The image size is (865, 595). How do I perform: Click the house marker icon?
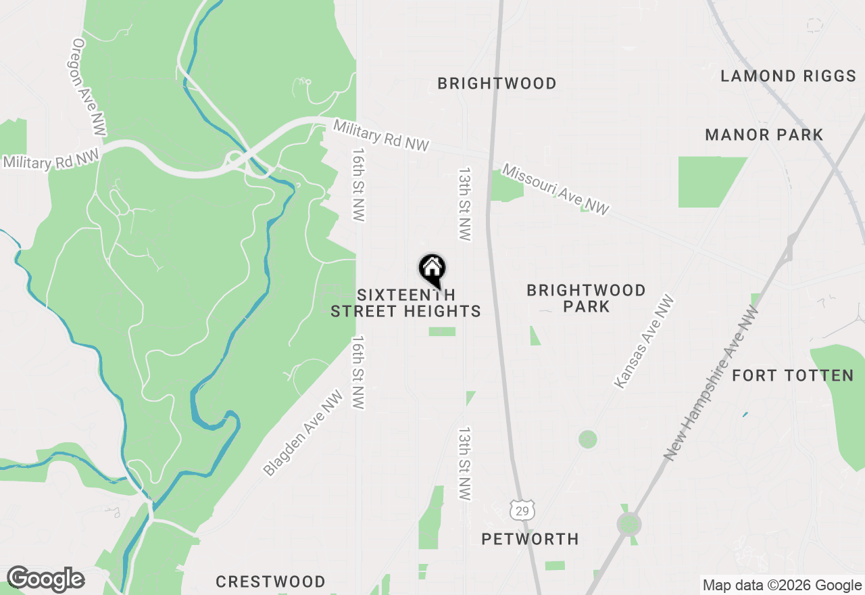432,268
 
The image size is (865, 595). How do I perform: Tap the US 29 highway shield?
522,510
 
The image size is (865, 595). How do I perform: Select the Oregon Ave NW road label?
87,86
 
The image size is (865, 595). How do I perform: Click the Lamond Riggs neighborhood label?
788,76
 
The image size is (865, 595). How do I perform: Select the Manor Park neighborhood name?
764,135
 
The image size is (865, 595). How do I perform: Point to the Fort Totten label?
793,375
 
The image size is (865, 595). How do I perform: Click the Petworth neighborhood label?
530,539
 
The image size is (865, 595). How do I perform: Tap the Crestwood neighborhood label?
270,581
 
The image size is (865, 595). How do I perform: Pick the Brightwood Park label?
586,298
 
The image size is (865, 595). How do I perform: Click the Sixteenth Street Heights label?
405,303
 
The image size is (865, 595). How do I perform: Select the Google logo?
45,579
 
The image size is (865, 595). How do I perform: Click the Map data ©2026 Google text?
782,586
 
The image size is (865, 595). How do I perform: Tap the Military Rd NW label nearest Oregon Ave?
51,160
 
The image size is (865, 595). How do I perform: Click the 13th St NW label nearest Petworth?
464,463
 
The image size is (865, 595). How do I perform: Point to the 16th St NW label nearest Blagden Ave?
357,372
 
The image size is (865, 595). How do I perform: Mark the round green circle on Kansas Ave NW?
588,439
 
